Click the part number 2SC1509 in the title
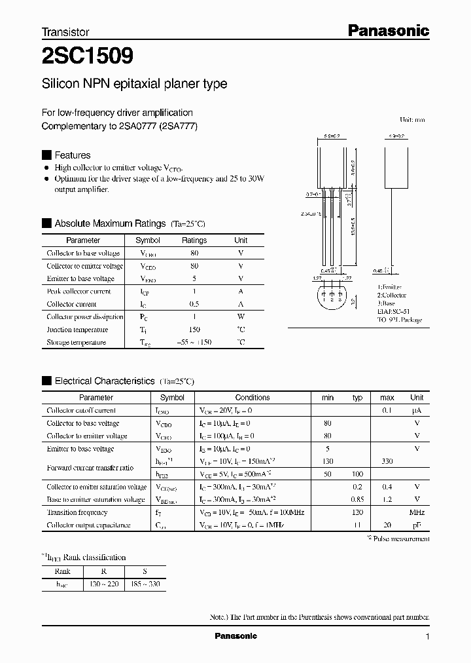88,56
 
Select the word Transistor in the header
65,31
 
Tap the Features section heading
72,155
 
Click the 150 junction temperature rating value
194,330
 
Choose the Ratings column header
194,240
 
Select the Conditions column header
253,398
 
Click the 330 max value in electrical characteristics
387,461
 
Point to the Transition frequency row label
77,512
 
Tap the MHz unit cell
417,512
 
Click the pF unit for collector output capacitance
417,525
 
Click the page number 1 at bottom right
427,637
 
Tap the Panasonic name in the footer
236,636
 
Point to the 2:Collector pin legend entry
392,295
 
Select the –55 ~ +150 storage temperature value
194,343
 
